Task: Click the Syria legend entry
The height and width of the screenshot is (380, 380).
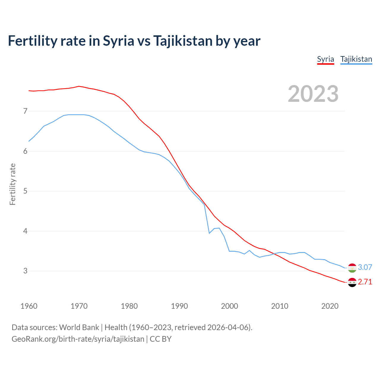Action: pos(325,59)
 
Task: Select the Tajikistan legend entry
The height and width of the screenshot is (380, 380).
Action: pos(356,59)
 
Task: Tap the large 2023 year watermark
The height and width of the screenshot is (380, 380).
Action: pos(313,94)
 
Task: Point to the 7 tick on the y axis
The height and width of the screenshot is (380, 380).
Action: pos(25,111)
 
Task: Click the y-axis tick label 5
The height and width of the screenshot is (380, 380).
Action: pos(25,191)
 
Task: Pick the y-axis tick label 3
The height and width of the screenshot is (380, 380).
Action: pos(25,271)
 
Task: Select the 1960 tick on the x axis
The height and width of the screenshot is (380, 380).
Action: pos(29,306)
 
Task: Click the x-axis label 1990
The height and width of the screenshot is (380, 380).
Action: pos(179,306)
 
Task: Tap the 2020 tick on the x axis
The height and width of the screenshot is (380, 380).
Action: pos(330,306)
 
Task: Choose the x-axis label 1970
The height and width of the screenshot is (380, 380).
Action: pos(79,306)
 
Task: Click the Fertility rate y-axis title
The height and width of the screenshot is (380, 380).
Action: pos(12,184)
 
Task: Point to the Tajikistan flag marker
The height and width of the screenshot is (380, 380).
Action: pos(352,268)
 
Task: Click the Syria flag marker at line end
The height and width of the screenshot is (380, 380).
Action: pos(352,282)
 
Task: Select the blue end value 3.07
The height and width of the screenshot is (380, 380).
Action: pos(365,267)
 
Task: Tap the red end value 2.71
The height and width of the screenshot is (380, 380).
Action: pos(365,282)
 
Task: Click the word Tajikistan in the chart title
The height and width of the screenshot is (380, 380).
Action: pos(182,41)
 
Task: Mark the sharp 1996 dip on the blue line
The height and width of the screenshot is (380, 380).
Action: pos(209,233)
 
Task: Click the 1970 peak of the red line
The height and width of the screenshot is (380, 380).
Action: pos(79,86)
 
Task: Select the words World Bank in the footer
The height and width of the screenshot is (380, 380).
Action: pos(79,327)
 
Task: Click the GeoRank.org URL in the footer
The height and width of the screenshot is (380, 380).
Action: pos(78,339)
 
